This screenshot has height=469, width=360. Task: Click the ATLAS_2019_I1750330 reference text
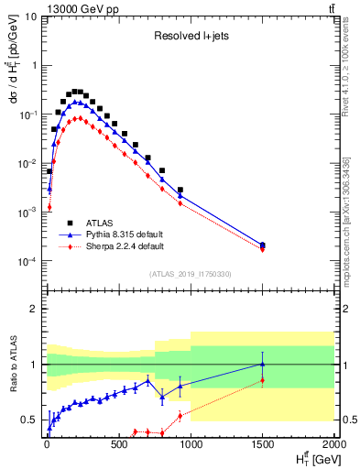[191, 274]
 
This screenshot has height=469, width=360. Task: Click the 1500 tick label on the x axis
[263, 446]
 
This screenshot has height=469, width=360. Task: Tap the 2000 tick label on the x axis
[333, 446]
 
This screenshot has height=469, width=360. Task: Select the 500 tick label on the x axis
[118, 446]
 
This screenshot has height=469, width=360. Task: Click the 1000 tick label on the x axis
[191, 446]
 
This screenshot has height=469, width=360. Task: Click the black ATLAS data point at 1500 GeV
[263, 245]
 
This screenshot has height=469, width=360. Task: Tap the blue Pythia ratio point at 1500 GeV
[263, 365]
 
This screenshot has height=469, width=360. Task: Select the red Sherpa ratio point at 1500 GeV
[263, 380]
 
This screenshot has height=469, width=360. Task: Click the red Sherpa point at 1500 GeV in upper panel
[263, 249]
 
